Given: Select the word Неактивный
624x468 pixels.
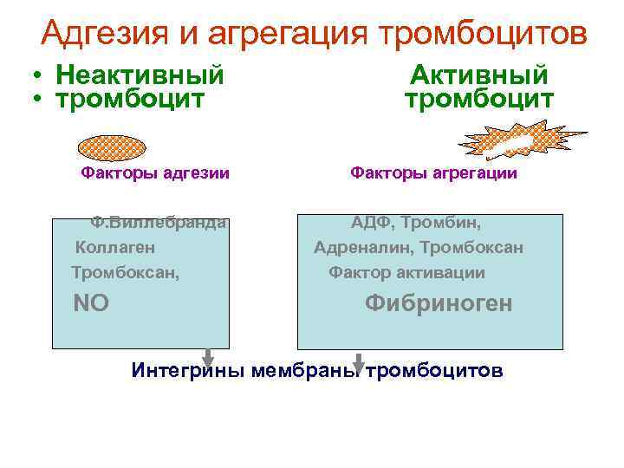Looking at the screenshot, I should (x=140, y=75).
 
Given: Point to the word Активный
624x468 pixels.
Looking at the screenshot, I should (x=478, y=75).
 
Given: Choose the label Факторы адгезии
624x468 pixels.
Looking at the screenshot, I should (x=155, y=173).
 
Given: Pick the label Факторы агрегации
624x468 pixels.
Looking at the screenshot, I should (x=433, y=173).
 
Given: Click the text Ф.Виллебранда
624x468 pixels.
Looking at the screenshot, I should (x=159, y=222).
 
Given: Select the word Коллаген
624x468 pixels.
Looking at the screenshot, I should (x=115, y=248).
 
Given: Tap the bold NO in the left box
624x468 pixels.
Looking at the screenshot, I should (x=91, y=303).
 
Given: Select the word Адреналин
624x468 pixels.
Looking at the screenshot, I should (x=363, y=248).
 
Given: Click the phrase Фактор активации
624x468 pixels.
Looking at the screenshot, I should (x=406, y=273).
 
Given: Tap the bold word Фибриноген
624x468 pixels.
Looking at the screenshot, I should (x=439, y=303).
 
